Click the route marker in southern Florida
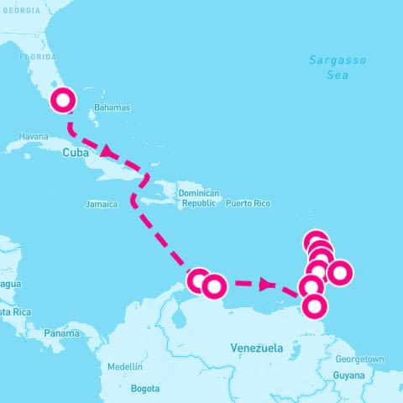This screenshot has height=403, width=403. point(64,102)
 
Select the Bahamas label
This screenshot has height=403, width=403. point(113,108)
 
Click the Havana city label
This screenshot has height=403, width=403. point(34,136)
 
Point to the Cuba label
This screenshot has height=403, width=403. point(76,153)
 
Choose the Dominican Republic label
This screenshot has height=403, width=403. point(200,198)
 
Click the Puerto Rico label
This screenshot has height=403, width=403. point(248,203)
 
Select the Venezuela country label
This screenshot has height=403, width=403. point(256,347)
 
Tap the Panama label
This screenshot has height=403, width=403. point(61,333)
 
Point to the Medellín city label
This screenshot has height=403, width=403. point(124,367)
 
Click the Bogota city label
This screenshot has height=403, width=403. point(144,389)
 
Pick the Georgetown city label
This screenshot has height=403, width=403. point(359,359)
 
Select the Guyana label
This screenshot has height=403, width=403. point(350,375)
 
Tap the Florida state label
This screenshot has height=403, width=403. point(37,57)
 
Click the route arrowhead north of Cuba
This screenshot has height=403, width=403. point(107,151)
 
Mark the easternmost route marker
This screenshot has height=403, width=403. point(339,273)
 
